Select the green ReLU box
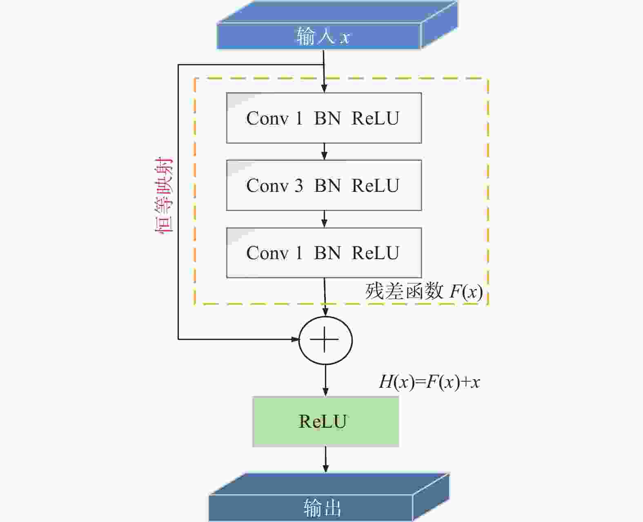tap(326, 422)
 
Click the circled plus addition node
tap(325, 340)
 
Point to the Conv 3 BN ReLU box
tap(324, 185)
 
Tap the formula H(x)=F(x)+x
tap(429, 382)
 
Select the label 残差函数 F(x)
tap(423, 291)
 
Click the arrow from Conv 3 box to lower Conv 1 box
tap(325, 219)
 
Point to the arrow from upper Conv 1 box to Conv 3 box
tap(325, 151)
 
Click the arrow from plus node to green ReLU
tap(325, 380)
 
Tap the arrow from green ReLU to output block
tap(326, 460)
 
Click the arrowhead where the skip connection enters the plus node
tap(295, 339)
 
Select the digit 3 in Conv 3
tap(298, 185)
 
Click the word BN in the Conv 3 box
tap(327, 185)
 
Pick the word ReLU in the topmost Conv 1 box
tap(376, 118)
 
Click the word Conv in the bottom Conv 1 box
tap(267, 253)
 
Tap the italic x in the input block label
tap(345, 38)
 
